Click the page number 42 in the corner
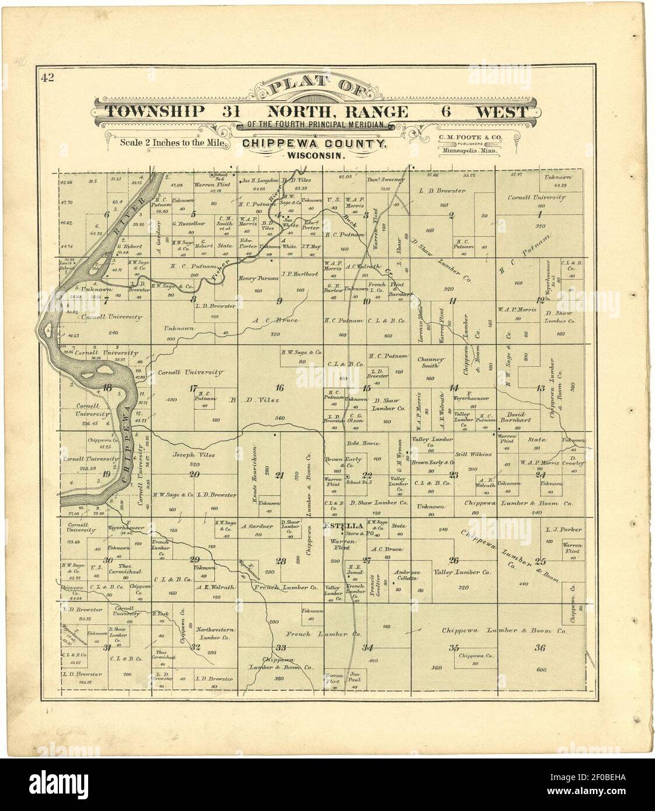47,78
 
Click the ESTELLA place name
339,526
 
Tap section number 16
280,387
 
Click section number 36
539,648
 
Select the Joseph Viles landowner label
193,455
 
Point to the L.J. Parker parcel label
563,530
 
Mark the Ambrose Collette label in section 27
407,575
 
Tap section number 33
280,648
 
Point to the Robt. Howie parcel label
361,443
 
